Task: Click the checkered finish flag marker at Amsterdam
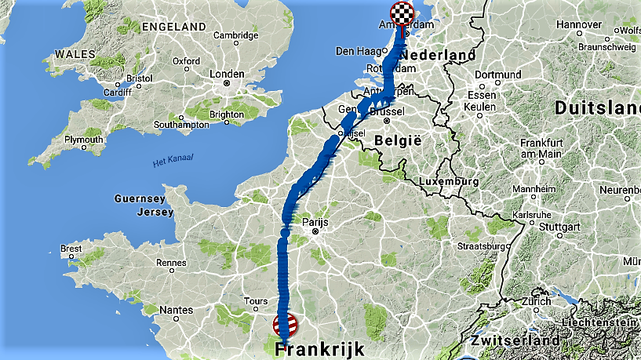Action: pyautogui.click(x=401, y=13)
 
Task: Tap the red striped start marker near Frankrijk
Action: pyautogui.click(x=286, y=323)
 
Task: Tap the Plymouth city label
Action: pyautogui.click(x=84, y=140)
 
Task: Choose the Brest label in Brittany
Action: pyautogui.click(x=71, y=249)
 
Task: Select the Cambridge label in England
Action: pyautogui.click(x=236, y=35)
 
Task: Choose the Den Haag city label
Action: pyautogui.click(x=355, y=51)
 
